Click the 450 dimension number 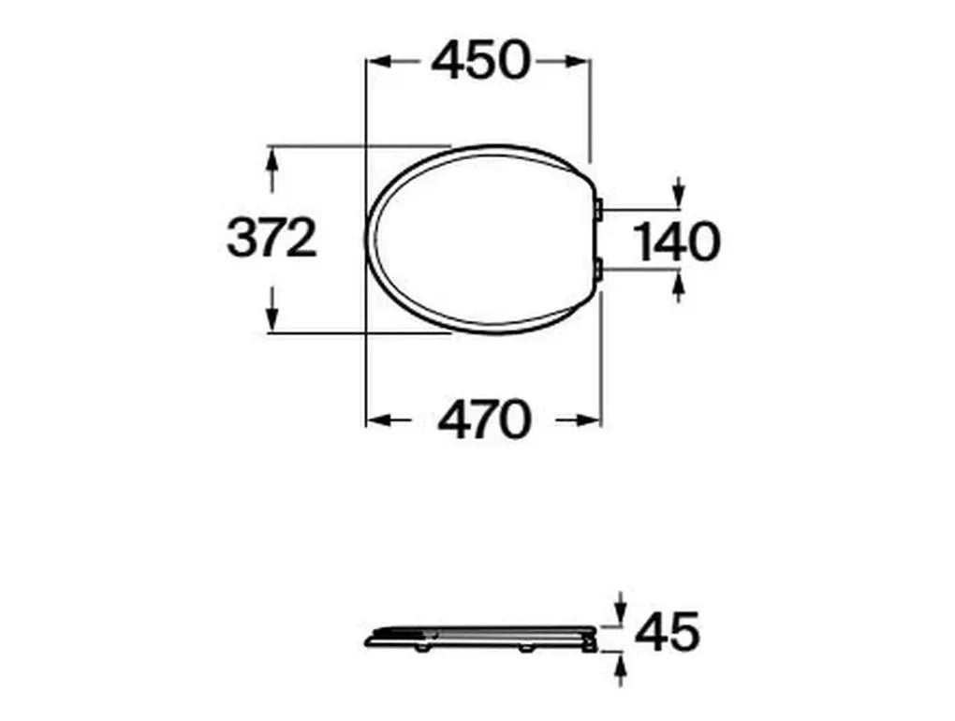pos(480,62)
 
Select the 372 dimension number pos(272,239)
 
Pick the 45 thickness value pos(667,633)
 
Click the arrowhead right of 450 pos(580,62)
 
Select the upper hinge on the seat pos(599,208)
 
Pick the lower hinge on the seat pos(599,271)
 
